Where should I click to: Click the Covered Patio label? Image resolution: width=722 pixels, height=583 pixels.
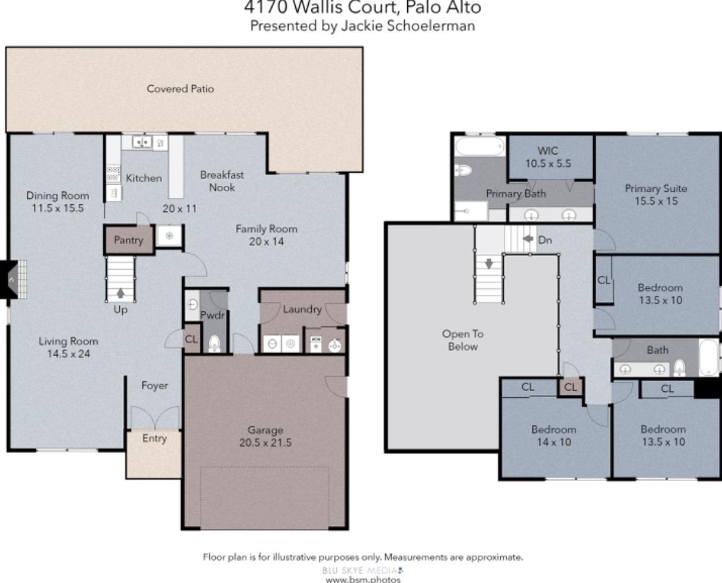pos(180,89)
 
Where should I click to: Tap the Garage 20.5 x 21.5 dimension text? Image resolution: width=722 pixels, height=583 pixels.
pos(265,442)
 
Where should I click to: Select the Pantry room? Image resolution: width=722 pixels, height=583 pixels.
pos(129,240)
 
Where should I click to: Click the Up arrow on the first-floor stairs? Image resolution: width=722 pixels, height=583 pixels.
pos(120,293)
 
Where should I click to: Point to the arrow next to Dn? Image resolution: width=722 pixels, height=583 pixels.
pos(528,239)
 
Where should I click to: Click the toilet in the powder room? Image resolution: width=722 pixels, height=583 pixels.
pos(214,343)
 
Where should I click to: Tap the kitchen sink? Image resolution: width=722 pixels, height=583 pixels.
pos(142,142)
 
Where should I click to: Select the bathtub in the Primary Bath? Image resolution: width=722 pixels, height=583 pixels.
pos(480,146)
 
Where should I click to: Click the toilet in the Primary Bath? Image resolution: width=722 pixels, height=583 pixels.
pos(463,170)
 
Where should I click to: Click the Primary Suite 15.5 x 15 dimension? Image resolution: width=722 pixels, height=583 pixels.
pos(656,201)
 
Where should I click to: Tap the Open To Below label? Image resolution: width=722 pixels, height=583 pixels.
pos(463,340)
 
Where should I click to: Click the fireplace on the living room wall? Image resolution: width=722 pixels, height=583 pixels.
pos(14,279)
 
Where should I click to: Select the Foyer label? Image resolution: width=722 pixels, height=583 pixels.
pos(154,385)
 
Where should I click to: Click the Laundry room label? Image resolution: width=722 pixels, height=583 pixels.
pos(302,309)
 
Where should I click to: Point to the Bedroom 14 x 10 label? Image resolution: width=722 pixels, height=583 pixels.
pos(554,435)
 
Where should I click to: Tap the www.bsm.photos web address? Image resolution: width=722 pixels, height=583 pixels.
pos(363,579)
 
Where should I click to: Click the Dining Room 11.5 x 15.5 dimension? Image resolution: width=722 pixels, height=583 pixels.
pos(58,208)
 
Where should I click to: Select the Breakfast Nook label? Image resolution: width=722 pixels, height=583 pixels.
pos(222,181)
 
